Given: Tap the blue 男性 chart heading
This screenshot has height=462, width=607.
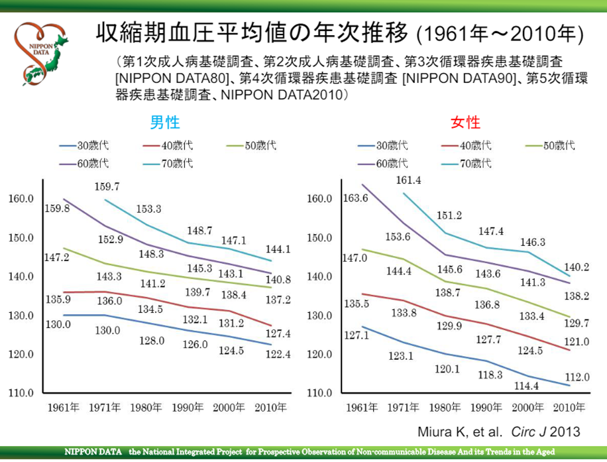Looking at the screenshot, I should point(164,123).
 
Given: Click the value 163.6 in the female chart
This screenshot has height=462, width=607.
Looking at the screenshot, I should point(355,198).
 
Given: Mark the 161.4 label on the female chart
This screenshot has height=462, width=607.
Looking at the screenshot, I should point(407,180).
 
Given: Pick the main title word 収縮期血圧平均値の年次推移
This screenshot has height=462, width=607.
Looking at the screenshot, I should point(252,33).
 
